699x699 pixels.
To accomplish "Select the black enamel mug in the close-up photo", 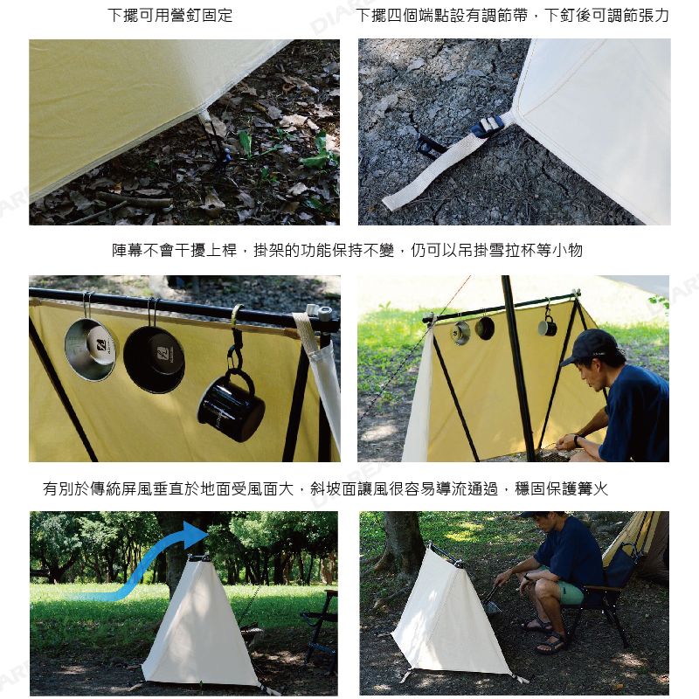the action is click(x=231, y=406).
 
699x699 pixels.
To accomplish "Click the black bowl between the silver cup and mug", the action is click(x=155, y=359).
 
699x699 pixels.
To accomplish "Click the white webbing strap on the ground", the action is click(x=441, y=166).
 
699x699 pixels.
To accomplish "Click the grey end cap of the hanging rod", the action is click(x=327, y=313).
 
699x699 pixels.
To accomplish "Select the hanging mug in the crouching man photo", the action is click(x=548, y=327).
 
